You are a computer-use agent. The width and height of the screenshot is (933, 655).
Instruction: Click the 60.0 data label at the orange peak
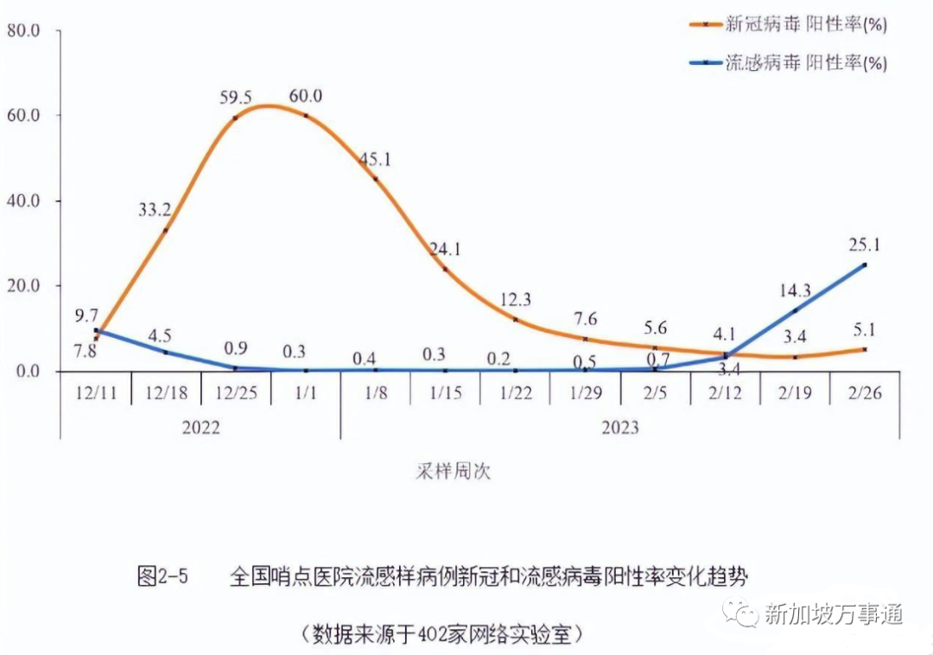(x=306, y=96)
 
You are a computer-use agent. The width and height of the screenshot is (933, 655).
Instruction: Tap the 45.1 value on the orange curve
(x=375, y=159)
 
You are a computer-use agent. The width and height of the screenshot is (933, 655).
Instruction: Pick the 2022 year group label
(x=200, y=427)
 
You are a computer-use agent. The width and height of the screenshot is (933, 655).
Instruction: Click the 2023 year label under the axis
(x=619, y=427)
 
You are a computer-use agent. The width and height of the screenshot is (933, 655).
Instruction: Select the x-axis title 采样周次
(x=452, y=472)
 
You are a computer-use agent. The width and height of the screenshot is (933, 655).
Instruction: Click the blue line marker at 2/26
(x=864, y=265)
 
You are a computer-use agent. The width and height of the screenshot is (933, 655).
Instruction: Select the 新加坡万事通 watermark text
(x=834, y=614)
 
